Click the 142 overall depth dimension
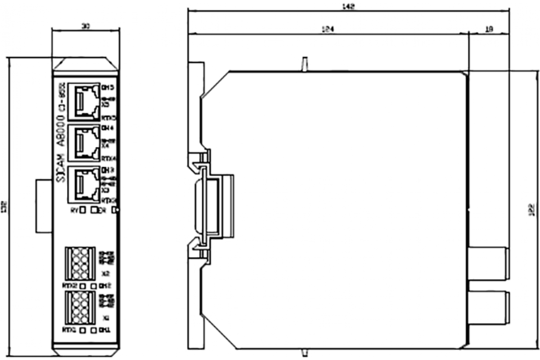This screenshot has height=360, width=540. [349, 6]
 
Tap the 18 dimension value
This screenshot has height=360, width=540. [490, 29]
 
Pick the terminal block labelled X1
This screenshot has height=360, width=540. [81, 306]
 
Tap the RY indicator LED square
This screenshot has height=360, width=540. [83, 211]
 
